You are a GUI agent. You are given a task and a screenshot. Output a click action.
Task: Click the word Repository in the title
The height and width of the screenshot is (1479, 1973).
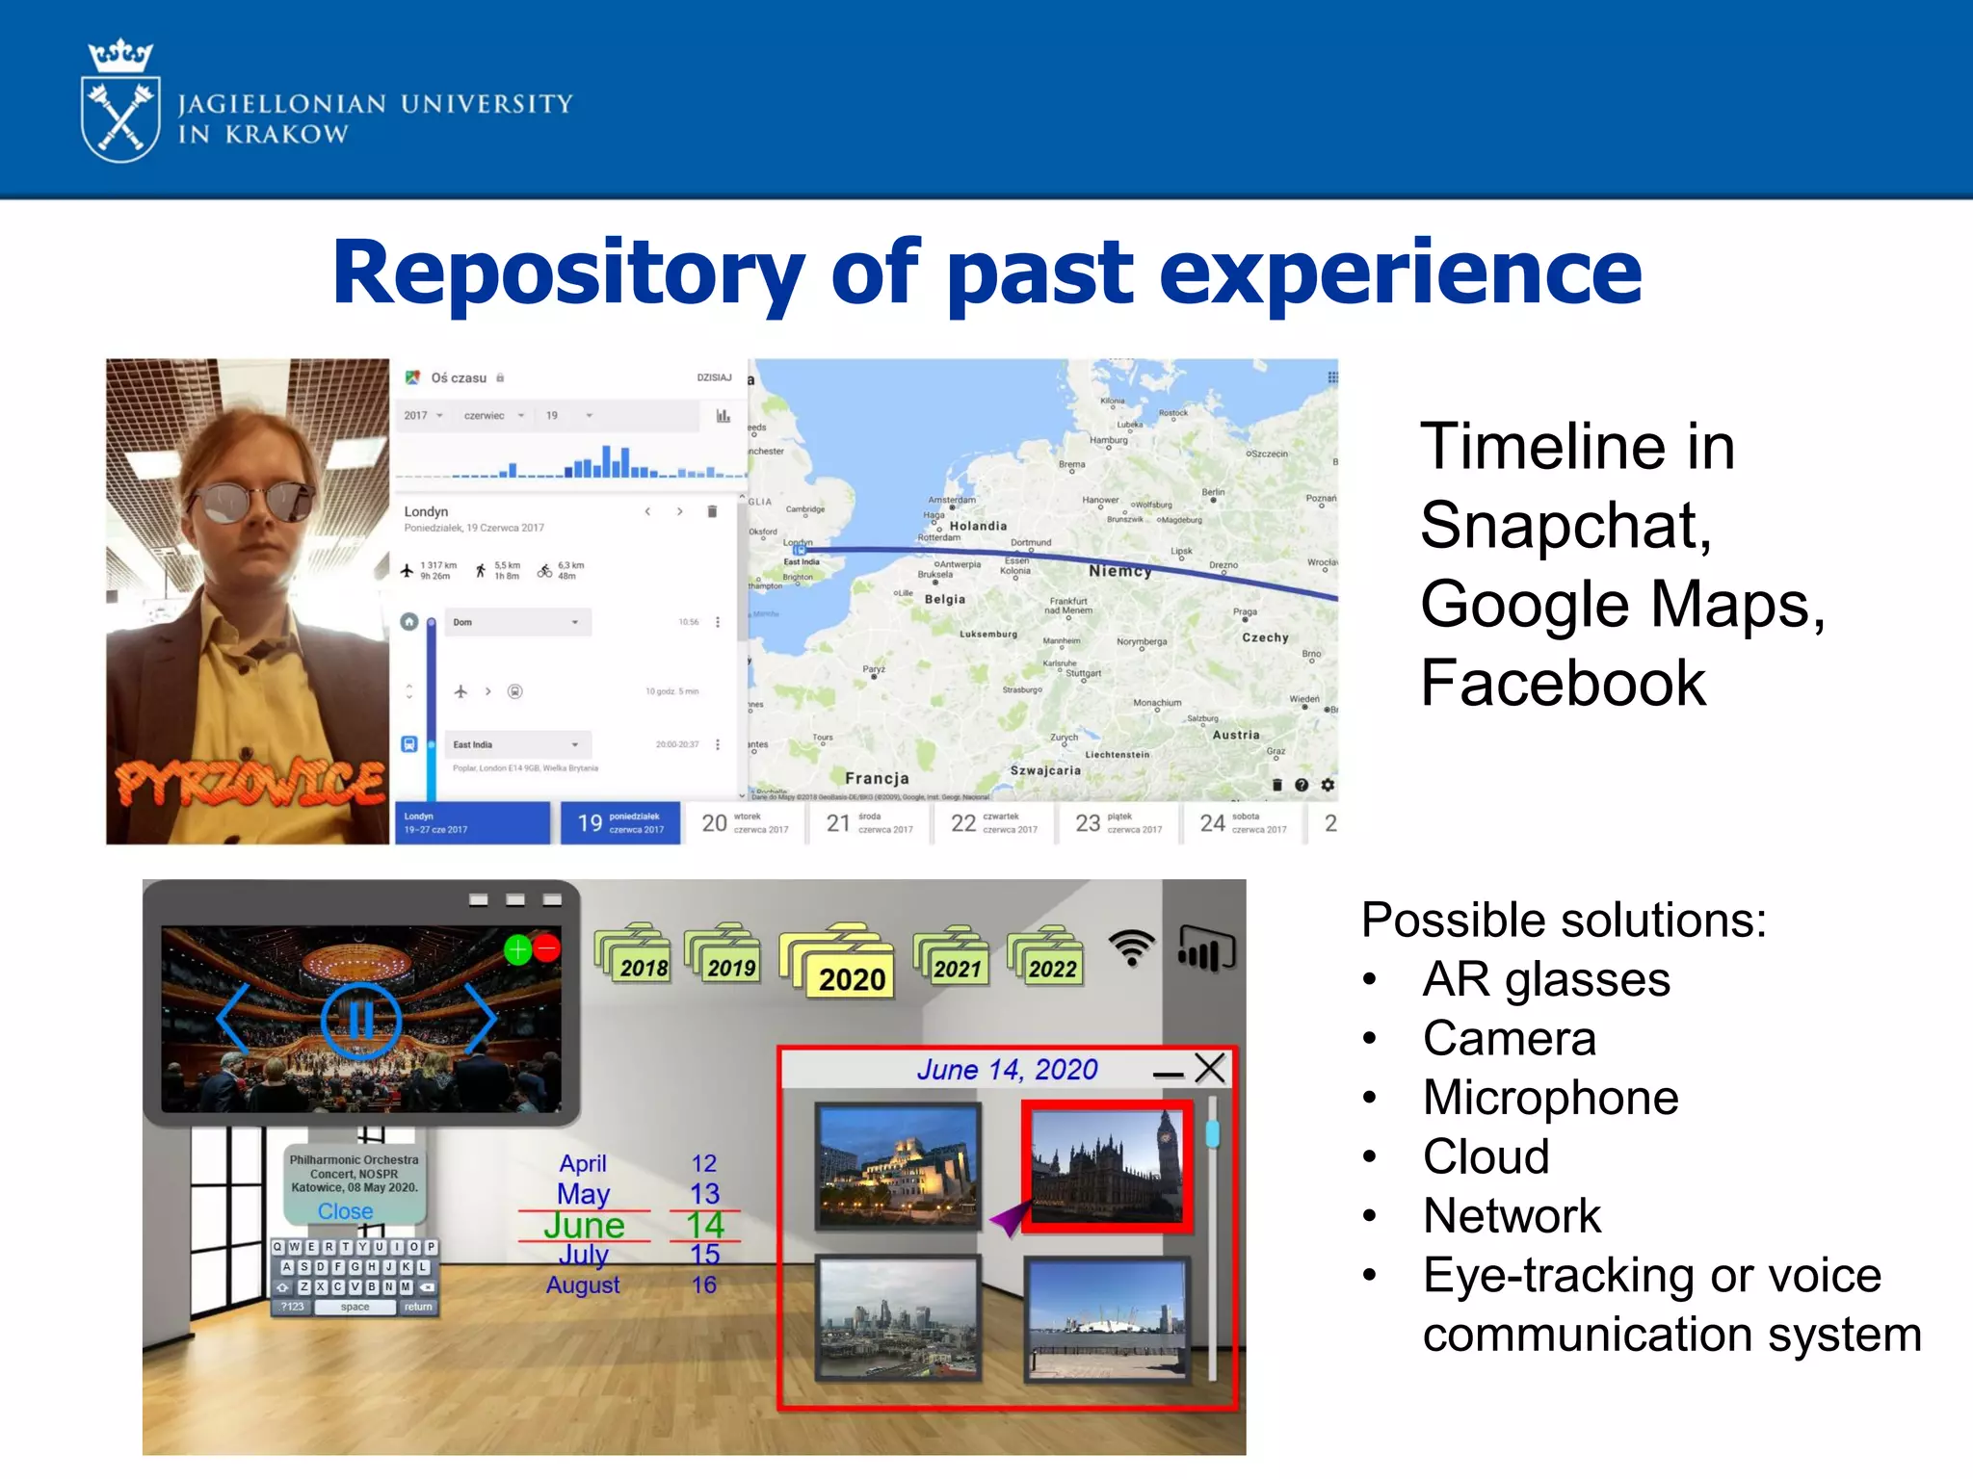coord(567,274)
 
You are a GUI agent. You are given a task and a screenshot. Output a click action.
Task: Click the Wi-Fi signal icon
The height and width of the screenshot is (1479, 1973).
coord(1131,947)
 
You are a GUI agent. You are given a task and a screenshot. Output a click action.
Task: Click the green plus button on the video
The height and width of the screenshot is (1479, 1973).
coord(518,949)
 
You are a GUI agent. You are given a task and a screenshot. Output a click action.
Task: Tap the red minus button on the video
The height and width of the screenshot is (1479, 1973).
coord(546,948)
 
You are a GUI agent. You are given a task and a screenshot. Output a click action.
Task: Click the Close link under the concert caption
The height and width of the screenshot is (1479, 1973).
coord(345,1211)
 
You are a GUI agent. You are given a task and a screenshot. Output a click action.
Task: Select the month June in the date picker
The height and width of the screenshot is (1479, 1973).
coord(584,1225)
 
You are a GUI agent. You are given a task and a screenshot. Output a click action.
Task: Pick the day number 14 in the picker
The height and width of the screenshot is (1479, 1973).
coord(704,1225)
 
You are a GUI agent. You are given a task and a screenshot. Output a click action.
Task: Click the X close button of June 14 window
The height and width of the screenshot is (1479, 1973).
coord(1209,1068)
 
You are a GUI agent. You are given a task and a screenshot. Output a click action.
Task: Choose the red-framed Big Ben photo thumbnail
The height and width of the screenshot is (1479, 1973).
coord(1106,1166)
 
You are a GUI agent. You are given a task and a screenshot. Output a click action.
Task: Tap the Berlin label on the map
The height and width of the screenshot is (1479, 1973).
coord(1213,493)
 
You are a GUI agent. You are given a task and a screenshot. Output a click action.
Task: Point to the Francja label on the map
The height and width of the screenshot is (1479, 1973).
coord(877,778)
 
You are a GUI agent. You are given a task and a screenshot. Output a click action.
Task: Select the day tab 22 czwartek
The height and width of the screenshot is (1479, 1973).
coord(993,823)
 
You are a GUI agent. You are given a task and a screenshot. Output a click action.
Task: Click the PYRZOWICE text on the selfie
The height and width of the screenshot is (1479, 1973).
coord(250,782)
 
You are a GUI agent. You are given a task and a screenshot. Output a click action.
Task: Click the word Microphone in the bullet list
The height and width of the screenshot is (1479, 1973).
coord(1550,1098)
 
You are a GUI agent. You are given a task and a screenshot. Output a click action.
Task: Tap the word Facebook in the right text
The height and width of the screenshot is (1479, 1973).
coord(1563,684)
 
